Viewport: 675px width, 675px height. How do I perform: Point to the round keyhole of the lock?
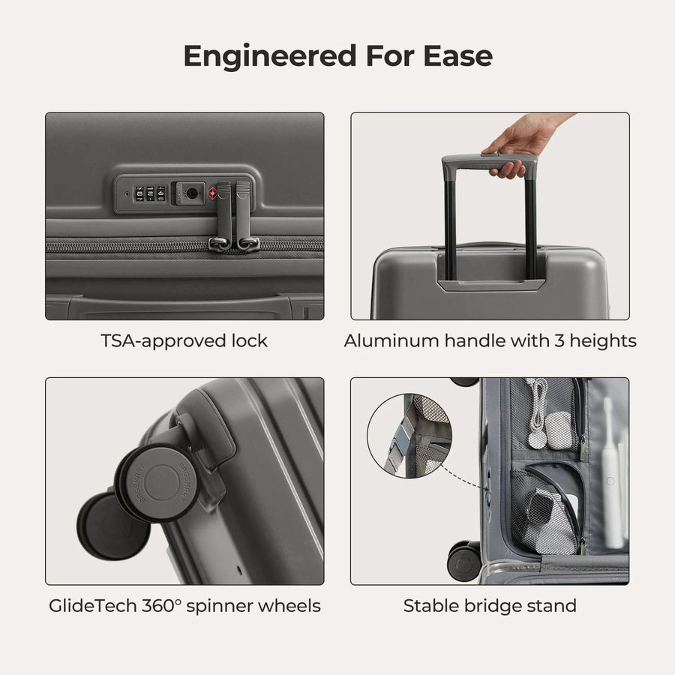coord(192,193)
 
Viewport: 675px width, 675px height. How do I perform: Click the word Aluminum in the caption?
coord(391,341)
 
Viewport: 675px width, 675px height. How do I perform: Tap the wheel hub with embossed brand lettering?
coord(160,480)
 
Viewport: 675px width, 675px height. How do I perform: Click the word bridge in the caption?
coord(492,606)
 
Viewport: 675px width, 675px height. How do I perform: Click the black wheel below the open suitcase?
coord(464,560)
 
